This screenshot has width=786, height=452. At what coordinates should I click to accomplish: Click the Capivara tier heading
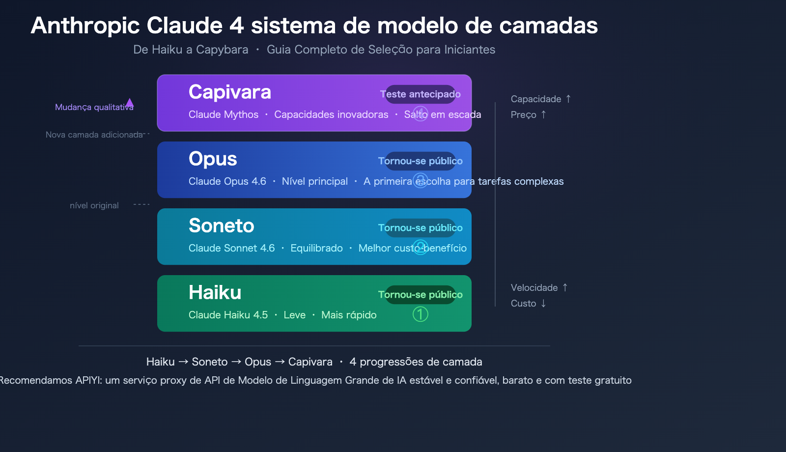[x=229, y=92]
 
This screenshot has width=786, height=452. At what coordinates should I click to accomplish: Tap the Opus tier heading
[x=213, y=159]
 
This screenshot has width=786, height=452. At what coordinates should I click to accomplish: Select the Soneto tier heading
[x=221, y=226]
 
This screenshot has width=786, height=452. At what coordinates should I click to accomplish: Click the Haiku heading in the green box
[x=215, y=293]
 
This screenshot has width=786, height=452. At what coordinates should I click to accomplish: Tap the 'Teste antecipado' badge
[x=420, y=94]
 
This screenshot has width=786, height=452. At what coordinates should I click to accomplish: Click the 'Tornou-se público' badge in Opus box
[x=420, y=161]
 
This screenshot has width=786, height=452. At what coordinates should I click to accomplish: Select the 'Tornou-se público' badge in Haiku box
[x=420, y=295]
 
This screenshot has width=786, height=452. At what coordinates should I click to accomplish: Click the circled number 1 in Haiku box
[x=420, y=314]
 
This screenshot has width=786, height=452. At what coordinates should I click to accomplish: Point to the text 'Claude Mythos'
[x=223, y=114]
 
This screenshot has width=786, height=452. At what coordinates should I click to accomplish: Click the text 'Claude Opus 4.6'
[x=227, y=181]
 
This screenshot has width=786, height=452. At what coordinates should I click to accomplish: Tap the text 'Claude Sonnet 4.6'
[x=231, y=248]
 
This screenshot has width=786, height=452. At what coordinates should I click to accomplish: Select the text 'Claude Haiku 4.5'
[x=228, y=315]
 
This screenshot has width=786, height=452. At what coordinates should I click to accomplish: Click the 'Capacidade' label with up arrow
[x=540, y=99]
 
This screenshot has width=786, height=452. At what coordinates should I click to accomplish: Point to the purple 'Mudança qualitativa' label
[x=93, y=107]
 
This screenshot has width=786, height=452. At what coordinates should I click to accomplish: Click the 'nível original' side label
[x=94, y=205]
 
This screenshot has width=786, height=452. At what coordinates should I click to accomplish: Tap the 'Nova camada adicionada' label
[x=94, y=135]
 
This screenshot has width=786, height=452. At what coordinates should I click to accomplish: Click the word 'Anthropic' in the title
[x=85, y=26]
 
